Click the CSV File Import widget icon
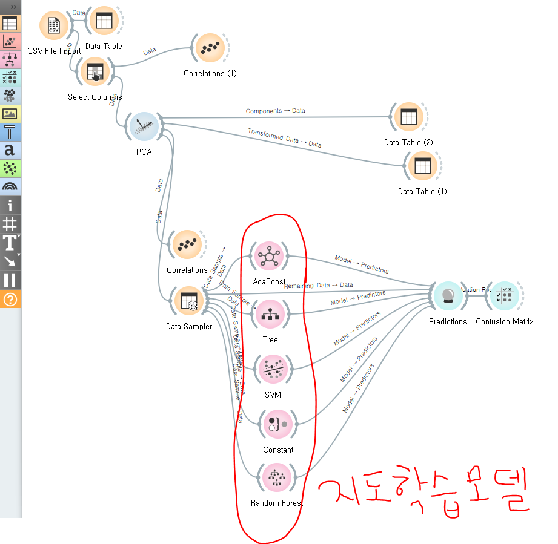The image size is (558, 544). pos(54,26)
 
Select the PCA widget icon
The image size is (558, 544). pos(144,126)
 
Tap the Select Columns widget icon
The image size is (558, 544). pos(95,73)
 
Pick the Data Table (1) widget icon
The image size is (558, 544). pos(422,166)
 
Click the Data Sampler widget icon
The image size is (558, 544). pos(188,301)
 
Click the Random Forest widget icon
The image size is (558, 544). pos(276,477)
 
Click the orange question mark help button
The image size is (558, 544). pos(10,299)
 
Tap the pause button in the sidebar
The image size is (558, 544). pos(10,280)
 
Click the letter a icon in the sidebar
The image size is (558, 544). pos(10,151)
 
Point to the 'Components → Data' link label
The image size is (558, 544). pos(275,111)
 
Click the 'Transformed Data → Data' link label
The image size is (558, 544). pos(284,139)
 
